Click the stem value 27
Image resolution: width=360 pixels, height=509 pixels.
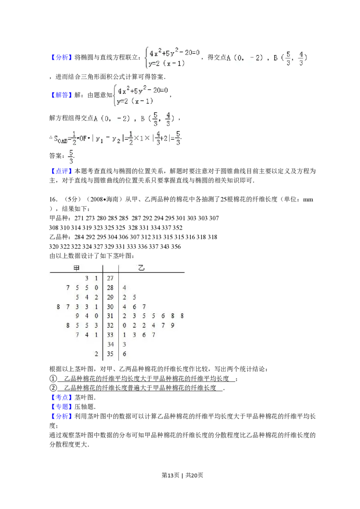tap(110, 278)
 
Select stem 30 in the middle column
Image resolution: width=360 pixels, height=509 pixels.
tap(110, 307)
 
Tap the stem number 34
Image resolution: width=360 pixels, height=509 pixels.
tap(110, 344)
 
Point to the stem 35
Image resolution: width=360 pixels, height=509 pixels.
tap(110, 354)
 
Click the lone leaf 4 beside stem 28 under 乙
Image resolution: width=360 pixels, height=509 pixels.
tap(124, 287)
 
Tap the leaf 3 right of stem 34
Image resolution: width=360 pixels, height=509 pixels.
tap(124, 344)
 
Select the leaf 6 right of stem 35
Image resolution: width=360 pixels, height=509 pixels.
tap(124, 354)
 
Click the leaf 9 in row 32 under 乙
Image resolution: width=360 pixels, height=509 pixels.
tap(173, 326)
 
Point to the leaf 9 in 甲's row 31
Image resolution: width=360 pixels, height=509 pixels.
tap(77, 316)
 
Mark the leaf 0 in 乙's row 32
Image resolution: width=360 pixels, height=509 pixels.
tap(124, 326)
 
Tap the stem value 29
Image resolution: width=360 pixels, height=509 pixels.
tap(110, 297)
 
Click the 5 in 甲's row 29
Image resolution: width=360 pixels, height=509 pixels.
tap(77, 297)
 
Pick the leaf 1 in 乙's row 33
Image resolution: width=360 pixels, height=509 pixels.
tap(124, 335)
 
